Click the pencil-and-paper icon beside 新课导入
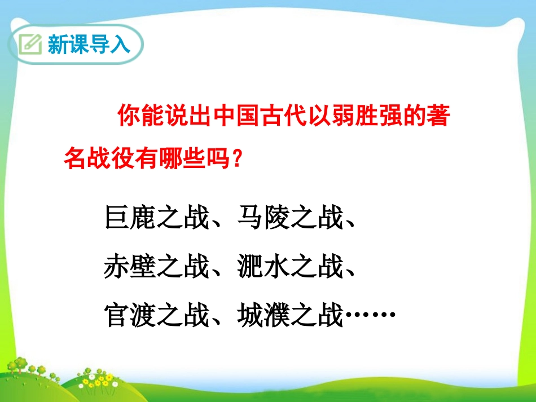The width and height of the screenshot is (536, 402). click(30, 44)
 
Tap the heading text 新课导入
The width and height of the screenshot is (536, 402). click(89, 44)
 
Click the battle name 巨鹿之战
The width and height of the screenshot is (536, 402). click(157, 218)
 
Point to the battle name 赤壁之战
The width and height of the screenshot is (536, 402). click(157, 267)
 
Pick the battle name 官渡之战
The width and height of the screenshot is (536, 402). click(157, 315)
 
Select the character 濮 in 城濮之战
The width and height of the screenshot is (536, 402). click(276, 315)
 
